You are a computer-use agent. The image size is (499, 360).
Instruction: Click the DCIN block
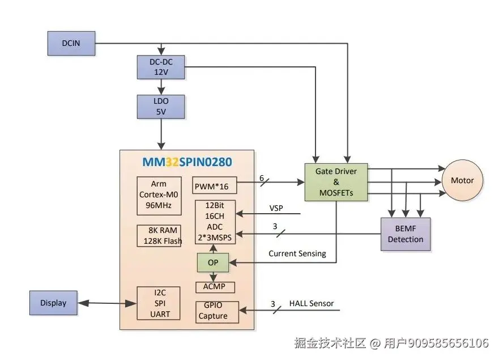click(x=71, y=44)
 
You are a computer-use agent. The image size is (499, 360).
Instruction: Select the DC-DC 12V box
click(x=161, y=67)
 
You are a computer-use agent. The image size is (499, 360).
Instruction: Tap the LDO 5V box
click(x=161, y=107)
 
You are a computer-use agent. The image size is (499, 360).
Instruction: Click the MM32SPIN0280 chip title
click(x=187, y=162)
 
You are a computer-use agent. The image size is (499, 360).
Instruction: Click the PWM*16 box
click(x=215, y=186)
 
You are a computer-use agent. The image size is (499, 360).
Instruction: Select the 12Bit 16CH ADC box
click(x=215, y=222)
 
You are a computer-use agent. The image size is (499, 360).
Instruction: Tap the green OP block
click(x=213, y=262)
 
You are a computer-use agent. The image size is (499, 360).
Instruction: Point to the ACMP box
click(x=215, y=286)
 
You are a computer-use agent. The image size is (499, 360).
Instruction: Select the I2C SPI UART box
click(x=158, y=303)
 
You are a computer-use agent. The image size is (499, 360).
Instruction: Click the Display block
click(x=53, y=303)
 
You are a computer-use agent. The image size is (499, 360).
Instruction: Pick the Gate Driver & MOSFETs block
click(x=336, y=182)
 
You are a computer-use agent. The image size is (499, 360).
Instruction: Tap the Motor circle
click(x=462, y=180)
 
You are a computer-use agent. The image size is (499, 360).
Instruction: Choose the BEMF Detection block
click(x=406, y=234)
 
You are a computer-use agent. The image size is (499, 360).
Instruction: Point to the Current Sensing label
click(x=297, y=253)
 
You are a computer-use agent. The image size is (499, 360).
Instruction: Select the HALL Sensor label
click(x=312, y=303)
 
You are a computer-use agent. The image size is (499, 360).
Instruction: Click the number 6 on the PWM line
click(x=262, y=177)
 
